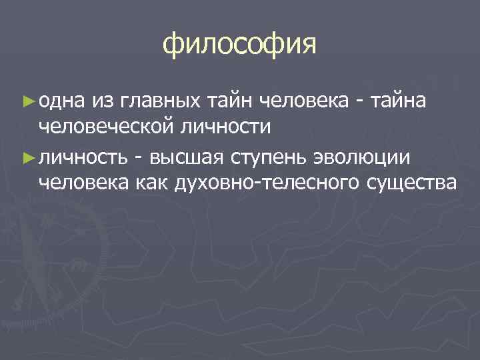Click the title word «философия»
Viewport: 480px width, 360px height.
click(x=239, y=45)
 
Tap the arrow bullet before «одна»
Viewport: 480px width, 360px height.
click(x=27, y=100)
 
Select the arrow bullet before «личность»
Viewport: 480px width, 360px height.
click(x=27, y=157)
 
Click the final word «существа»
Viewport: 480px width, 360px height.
click(x=411, y=182)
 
